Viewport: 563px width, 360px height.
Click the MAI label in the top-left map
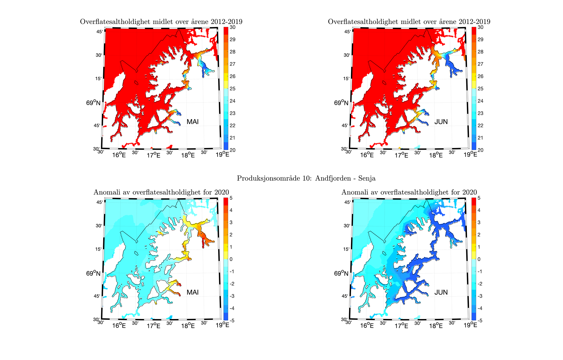(x=192, y=122)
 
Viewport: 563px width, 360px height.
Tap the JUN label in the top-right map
(x=441, y=122)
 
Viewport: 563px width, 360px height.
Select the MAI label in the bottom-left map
(x=192, y=292)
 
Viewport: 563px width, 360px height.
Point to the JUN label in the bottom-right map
(x=441, y=292)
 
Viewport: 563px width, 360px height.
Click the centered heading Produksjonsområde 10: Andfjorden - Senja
(x=306, y=178)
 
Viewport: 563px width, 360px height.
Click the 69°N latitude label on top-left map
(x=93, y=103)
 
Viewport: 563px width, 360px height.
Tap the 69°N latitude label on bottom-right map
(x=341, y=273)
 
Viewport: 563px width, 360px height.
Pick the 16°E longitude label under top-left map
(x=119, y=155)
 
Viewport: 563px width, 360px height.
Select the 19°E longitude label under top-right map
(x=470, y=155)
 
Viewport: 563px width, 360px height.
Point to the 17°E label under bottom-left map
(x=153, y=325)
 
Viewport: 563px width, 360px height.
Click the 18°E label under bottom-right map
(x=436, y=325)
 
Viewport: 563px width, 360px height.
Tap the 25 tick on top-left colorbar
(x=232, y=89)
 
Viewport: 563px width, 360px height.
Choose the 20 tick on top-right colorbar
(x=480, y=150)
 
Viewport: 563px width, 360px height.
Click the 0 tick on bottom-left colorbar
(x=231, y=259)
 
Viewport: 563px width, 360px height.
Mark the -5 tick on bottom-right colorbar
(x=479, y=321)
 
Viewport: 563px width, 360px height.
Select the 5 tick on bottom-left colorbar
(x=231, y=198)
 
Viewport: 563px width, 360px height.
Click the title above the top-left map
(x=161, y=22)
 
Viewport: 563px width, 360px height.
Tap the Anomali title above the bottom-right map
(x=409, y=192)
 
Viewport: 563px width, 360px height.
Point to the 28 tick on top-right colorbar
(x=480, y=52)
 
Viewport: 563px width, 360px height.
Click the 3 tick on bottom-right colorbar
(x=479, y=222)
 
